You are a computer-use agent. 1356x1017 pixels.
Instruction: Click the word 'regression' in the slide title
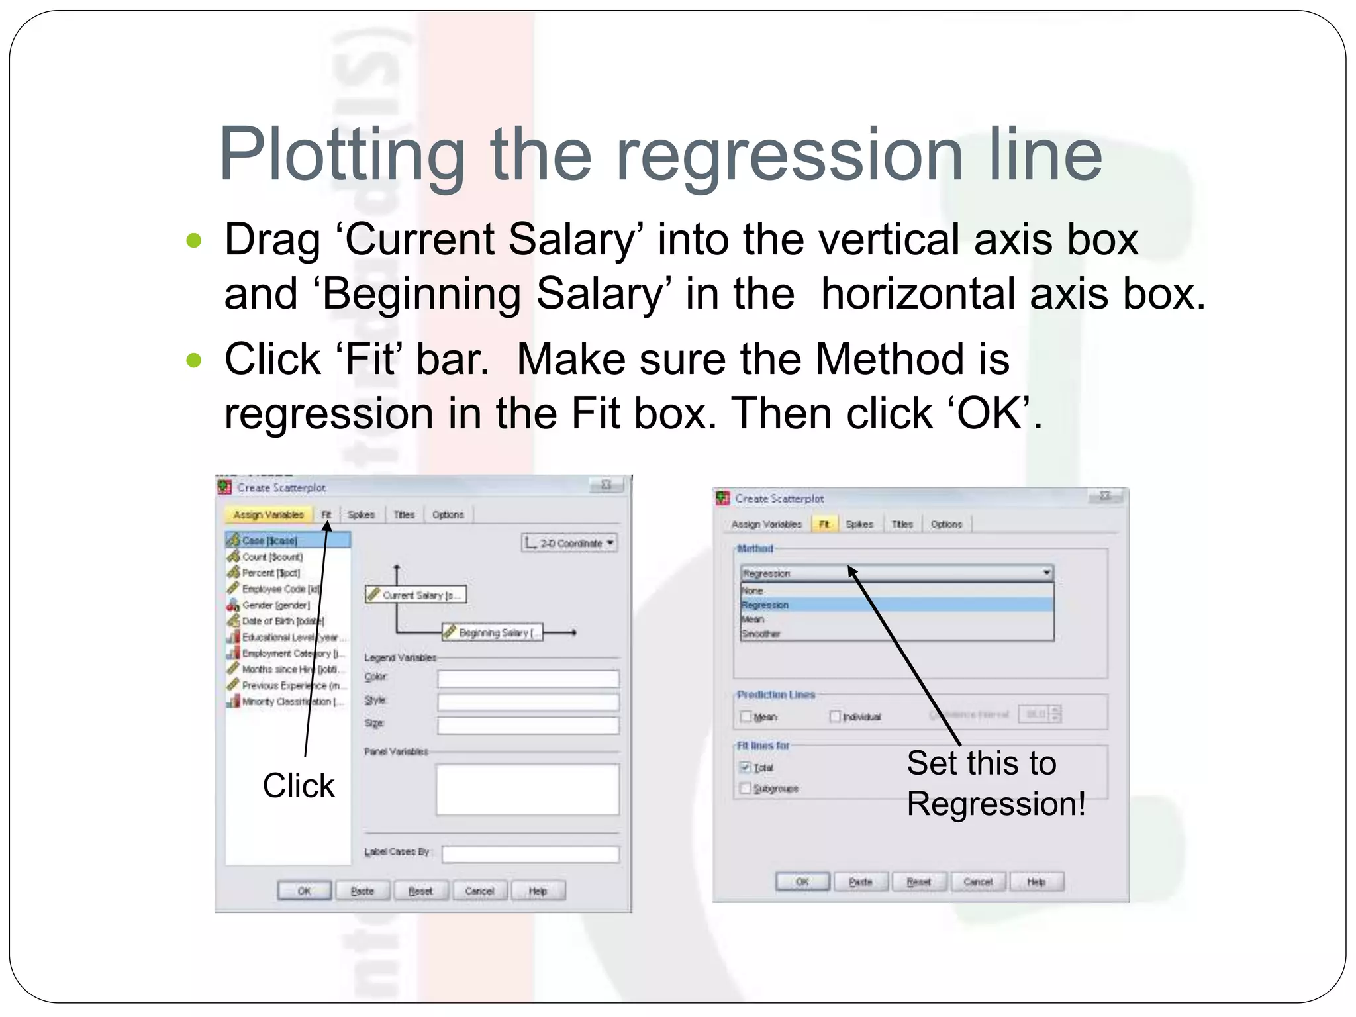(789, 156)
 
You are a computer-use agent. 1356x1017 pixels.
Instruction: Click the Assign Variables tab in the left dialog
(268, 514)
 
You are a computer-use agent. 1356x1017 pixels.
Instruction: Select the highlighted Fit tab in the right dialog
(824, 524)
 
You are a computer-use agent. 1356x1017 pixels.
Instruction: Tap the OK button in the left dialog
(304, 891)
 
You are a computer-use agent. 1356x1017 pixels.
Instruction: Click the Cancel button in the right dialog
(978, 881)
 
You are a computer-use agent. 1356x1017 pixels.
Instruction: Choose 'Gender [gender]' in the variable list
(275, 605)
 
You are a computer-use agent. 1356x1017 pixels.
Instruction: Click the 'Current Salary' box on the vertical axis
(416, 595)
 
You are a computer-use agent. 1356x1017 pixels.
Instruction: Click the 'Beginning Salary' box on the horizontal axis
(493, 632)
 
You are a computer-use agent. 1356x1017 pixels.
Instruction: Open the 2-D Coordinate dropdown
(569, 543)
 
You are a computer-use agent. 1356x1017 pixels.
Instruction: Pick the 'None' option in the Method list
(753, 591)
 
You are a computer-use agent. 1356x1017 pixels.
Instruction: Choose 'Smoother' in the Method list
(761, 634)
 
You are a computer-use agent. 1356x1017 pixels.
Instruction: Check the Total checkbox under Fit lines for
(746, 767)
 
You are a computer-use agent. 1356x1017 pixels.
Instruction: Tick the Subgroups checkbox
(746, 788)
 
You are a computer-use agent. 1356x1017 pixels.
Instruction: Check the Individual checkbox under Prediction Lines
(835, 716)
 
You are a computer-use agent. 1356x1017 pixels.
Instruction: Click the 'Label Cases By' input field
(530, 853)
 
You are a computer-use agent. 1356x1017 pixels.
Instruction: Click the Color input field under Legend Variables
(528, 678)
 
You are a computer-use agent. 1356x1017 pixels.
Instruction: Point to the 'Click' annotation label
(299, 785)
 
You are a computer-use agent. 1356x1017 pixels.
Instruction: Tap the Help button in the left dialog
(538, 891)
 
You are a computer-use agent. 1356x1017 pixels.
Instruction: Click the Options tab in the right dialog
(946, 524)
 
